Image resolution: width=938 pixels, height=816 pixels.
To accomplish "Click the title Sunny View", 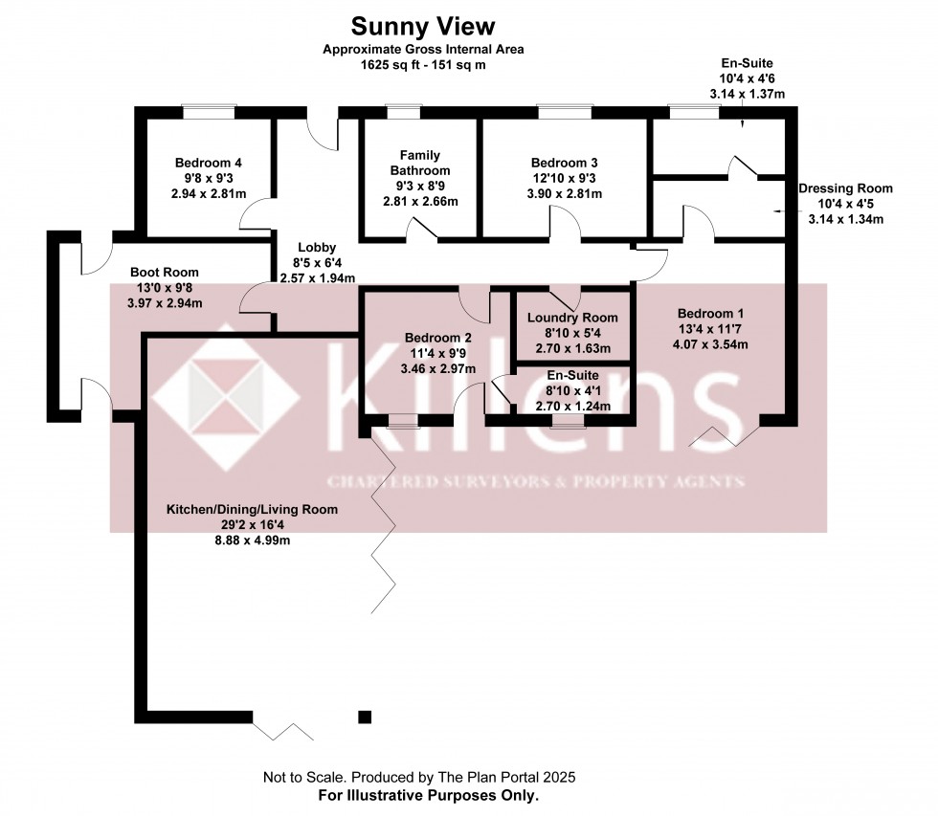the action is click(x=422, y=27).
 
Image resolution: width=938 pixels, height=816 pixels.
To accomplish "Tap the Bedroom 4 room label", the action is click(x=209, y=163).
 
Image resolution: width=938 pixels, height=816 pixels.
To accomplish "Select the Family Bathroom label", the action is click(x=420, y=163).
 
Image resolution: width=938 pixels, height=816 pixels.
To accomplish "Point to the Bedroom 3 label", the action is click(x=564, y=163).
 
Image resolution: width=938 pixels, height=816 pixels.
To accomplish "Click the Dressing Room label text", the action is click(x=845, y=188).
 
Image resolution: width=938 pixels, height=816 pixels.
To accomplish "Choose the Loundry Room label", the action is click(x=572, y=318).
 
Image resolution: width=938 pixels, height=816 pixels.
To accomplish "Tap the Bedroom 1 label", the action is click(x=710, y=313).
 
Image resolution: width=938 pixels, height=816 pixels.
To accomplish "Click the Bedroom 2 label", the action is click(x=438, y=338).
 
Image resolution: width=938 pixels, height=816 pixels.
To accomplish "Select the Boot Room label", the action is click(x=165, y=272).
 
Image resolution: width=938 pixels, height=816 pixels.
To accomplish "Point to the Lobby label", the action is click(x=317, y=248).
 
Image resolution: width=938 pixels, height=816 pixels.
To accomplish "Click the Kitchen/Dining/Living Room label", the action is click(x=252, y=509).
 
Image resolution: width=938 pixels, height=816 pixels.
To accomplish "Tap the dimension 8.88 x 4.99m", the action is click(x=253, y=540).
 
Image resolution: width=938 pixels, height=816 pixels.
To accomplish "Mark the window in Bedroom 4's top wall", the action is click(x=210, y=112).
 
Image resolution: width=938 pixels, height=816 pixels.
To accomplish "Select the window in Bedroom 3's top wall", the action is click(x=565, y=112).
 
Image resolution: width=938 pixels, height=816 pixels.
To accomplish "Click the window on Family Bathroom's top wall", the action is click(x=404, y=112).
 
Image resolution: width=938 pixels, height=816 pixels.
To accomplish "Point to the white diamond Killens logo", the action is click(x=226, y=397).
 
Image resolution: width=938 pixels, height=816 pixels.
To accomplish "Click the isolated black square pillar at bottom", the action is click(x=365, y=717).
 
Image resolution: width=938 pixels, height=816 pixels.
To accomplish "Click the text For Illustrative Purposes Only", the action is click(x=429, y=796).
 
